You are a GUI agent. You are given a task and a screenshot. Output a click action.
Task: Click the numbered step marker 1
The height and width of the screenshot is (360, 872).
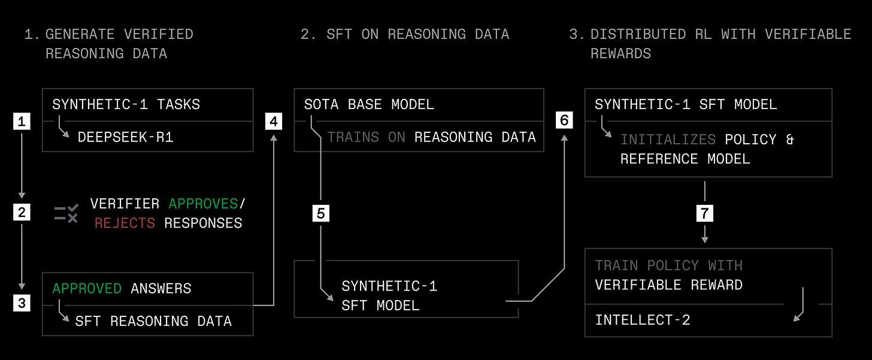click(x=22, y=122)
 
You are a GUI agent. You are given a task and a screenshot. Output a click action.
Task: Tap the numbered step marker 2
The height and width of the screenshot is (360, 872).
click(x=22, y=213)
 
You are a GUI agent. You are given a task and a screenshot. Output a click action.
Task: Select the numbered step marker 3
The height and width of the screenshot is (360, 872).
click(x=22, y=303)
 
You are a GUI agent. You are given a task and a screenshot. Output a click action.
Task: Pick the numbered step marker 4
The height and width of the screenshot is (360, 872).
click(x=274, y=122)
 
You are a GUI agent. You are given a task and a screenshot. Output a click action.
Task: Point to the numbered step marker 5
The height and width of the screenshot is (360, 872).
click(x=321, y=213)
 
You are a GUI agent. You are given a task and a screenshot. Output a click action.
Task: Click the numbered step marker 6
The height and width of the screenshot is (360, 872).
click(x=564, y=120)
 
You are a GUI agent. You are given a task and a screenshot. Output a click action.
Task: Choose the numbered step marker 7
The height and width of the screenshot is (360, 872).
click(x=705, y=213)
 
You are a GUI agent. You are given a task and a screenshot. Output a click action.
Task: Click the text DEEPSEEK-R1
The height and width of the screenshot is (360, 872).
click(x=125, y=137)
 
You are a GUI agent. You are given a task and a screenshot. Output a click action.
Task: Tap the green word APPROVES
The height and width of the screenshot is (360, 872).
click(x=203, y=204)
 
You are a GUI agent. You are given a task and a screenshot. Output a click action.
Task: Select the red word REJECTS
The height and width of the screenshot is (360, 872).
click(x=125, y=223)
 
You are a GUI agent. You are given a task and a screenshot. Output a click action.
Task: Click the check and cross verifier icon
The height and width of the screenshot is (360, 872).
click(x=66, y=214)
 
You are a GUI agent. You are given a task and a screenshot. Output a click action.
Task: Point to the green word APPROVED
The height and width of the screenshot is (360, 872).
click(x=87, y=289)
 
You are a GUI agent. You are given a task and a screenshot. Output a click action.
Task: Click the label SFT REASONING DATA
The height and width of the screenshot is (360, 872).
click(x=153, y=321)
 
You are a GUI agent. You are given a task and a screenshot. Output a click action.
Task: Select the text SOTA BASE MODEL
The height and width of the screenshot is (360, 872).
click(x=369, y=104)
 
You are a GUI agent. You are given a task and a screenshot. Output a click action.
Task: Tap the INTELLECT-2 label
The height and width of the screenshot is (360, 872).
click(x=643, y=320)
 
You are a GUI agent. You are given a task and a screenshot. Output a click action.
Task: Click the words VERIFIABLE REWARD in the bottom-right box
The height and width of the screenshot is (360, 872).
click(x=668, y=285)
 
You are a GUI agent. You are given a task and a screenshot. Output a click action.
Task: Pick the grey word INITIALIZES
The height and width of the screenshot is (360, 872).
click(x=668, y=140)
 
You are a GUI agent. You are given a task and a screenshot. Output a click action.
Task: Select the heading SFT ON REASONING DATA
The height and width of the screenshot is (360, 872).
click(x=405, y=34)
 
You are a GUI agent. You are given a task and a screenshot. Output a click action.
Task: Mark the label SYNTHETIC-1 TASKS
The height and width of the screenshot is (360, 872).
click(x=126, y=104)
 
